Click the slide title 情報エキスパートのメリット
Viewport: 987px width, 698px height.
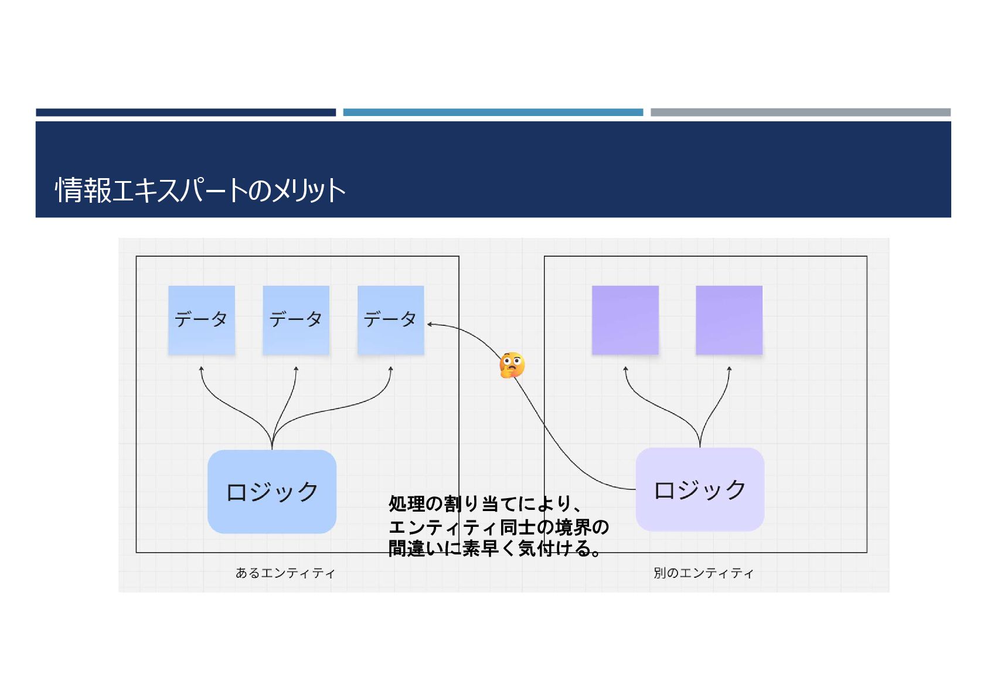tap(200, 190)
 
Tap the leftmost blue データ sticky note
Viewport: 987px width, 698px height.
tap(202, 320)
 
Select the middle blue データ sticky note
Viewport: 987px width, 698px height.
tap(296, 320)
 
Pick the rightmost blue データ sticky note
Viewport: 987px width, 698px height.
tap(390, 320)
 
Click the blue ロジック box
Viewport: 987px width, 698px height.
tap(272, 492)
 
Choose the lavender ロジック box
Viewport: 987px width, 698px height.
tap(700, 489)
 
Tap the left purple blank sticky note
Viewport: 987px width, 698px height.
tap(625, 320)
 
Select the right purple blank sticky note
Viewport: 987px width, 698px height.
tap(729, 320)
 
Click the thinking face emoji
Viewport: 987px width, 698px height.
tap(512, 365)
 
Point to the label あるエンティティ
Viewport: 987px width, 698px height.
tap(285, 573)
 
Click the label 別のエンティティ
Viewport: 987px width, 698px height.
tap(703, 573)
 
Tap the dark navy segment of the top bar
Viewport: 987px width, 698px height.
tap(186, 112)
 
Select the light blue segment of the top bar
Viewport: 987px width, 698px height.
tap(493, 112)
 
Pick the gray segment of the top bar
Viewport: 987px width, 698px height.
tap(801, 112)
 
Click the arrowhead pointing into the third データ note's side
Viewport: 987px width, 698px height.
tap(430, 324)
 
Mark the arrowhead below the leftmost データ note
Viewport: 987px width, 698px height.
tap(202, 369)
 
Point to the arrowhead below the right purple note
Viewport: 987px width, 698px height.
tap(729, 369)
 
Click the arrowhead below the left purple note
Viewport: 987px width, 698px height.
tap(625, 369)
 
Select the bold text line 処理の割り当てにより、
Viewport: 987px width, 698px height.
tap(485, 503)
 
